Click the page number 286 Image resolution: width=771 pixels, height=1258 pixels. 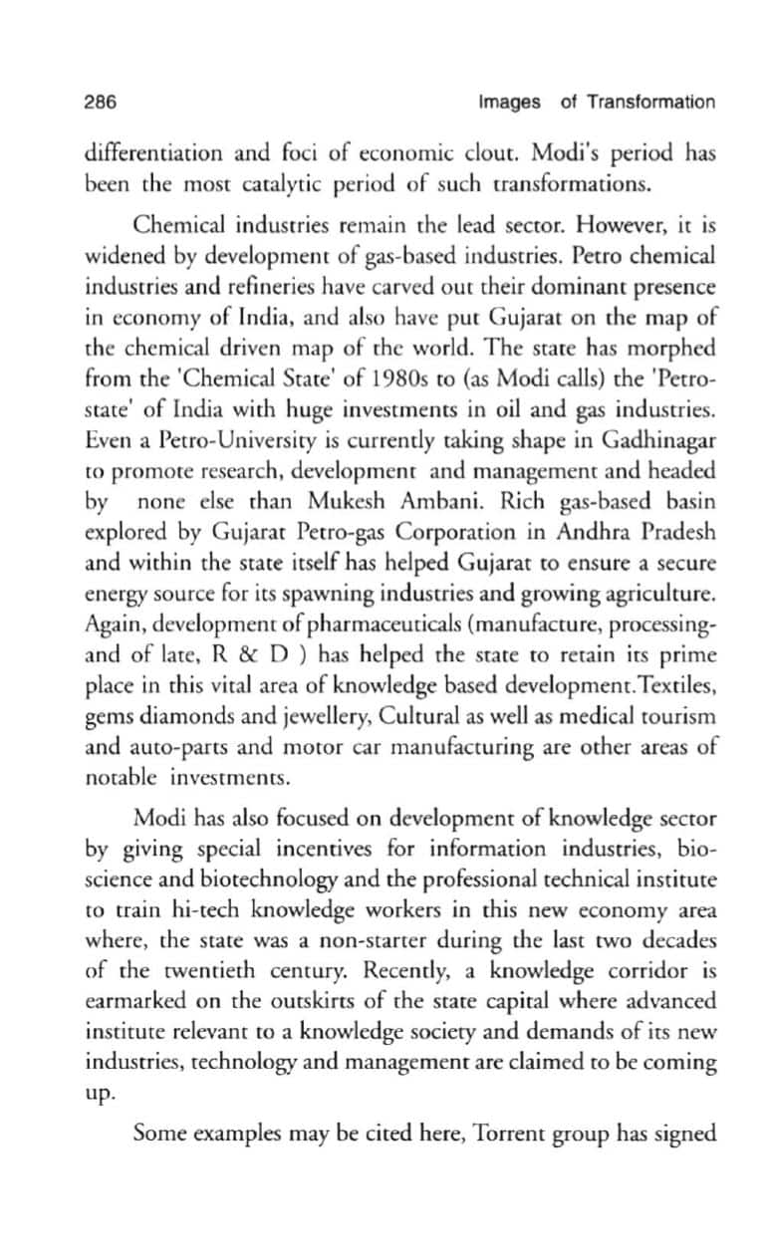pos(101,103)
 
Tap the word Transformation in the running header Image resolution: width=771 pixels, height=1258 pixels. pos(650,103)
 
